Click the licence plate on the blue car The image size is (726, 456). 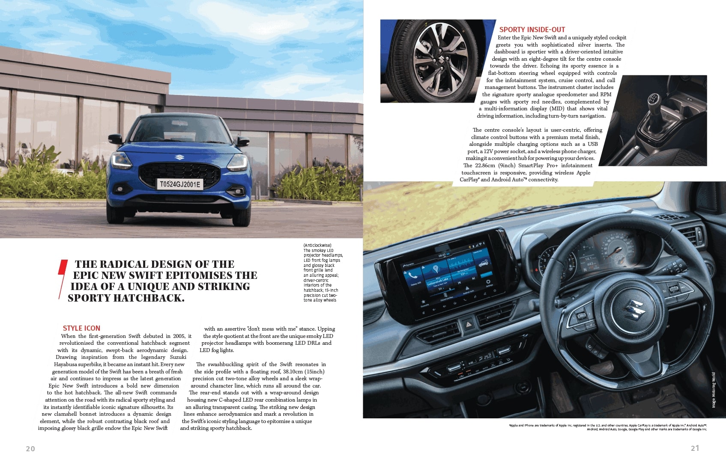[180, 184]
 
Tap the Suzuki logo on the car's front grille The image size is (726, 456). [179, 157]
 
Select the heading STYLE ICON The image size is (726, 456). [81, 328]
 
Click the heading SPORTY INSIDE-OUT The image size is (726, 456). [532, 30]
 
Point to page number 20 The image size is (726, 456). [30, 448]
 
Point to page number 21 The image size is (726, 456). [695, 448]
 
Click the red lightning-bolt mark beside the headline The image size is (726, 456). [63, 278]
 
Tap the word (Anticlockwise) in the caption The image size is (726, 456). [317, 246]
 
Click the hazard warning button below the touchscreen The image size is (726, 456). [469, 326]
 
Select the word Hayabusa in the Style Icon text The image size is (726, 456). [66, 364]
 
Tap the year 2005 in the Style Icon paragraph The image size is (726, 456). [179, 336]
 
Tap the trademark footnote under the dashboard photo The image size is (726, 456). [608, 427]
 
